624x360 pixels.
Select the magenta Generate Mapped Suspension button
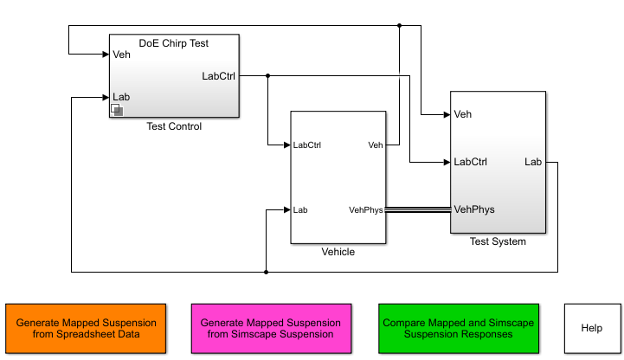tap(271, 328)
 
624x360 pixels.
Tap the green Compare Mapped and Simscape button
tap(458, 328)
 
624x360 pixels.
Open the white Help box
tap(592, 328)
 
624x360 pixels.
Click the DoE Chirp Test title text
tap(174, 42)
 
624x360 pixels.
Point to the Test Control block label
tap(174, 126)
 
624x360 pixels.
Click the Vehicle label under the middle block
tap(338, 252)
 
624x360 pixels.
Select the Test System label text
tap(497, 241)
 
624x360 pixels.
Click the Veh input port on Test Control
tap(121, 55)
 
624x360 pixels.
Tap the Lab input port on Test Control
tap(121, 97)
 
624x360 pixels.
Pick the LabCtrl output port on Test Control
tap(218, 75)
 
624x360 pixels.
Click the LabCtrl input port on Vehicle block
tap(307, 145)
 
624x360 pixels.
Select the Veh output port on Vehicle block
tap(375, 145)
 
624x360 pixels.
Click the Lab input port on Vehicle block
tap(300, 209)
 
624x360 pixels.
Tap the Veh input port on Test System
tap(462, 114)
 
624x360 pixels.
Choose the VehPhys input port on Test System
tap(474, 209)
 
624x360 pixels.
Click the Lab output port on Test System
tap(533, 162)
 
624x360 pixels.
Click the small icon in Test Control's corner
tap(118, 110)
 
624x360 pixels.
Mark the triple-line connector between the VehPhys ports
tap(417, 209)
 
